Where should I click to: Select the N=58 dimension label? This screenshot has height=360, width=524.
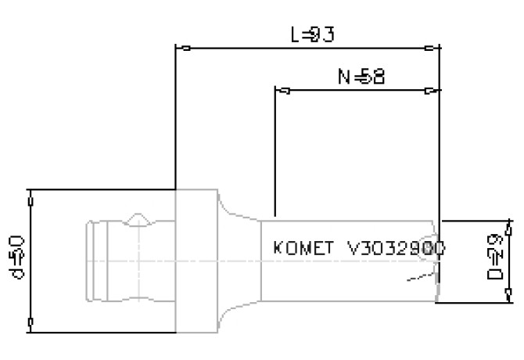(x=361, y=76)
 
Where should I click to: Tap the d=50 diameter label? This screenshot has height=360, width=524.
(x=16, y=258)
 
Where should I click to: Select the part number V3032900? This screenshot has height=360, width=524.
(x=396, y=248)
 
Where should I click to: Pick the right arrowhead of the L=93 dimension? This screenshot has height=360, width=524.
(x=429, y=49)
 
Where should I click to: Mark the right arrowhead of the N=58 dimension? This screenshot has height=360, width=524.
(x=429, y=90)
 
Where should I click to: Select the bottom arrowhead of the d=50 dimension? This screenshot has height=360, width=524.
(x=30, y=322)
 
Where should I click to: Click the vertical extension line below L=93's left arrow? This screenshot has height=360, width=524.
(x=174, y=117)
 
